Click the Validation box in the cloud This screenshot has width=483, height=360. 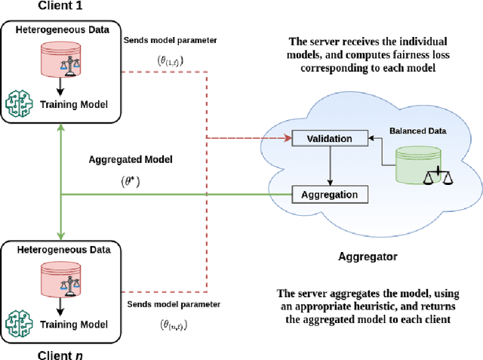(329, 138)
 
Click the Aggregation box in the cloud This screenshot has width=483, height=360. (329, 195)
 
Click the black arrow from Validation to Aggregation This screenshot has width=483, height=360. (329, 166)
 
